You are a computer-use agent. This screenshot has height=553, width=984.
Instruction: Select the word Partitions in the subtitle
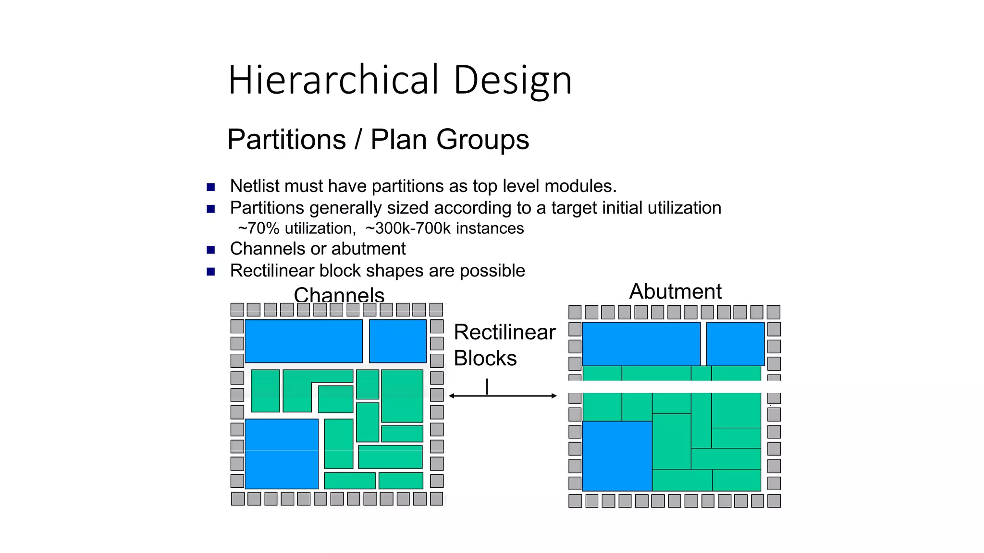(286, 140)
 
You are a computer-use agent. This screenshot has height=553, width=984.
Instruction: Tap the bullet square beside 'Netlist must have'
(210, 187)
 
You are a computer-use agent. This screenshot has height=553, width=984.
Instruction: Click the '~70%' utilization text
(258, 228)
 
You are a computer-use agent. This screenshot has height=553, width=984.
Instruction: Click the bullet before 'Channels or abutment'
(210, 250)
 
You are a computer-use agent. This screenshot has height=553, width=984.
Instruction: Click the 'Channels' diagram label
(339, 295)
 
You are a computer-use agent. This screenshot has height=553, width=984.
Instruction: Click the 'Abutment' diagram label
(675, 291)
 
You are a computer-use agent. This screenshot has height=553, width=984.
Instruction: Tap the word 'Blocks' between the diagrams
(485, 359)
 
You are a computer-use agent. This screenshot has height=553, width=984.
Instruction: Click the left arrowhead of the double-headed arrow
(452, 396)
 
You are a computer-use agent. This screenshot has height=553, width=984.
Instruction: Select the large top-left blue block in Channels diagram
(304, 341)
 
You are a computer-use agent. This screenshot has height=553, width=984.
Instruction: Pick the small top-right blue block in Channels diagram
(397, 341)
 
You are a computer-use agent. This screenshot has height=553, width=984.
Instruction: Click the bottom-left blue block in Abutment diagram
(617, 456)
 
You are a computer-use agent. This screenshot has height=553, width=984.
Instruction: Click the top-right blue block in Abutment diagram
(735, 344)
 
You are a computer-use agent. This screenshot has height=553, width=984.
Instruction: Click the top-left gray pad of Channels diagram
(237, 310)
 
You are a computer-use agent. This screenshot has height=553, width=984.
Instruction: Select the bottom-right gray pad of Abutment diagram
(774, 501)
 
